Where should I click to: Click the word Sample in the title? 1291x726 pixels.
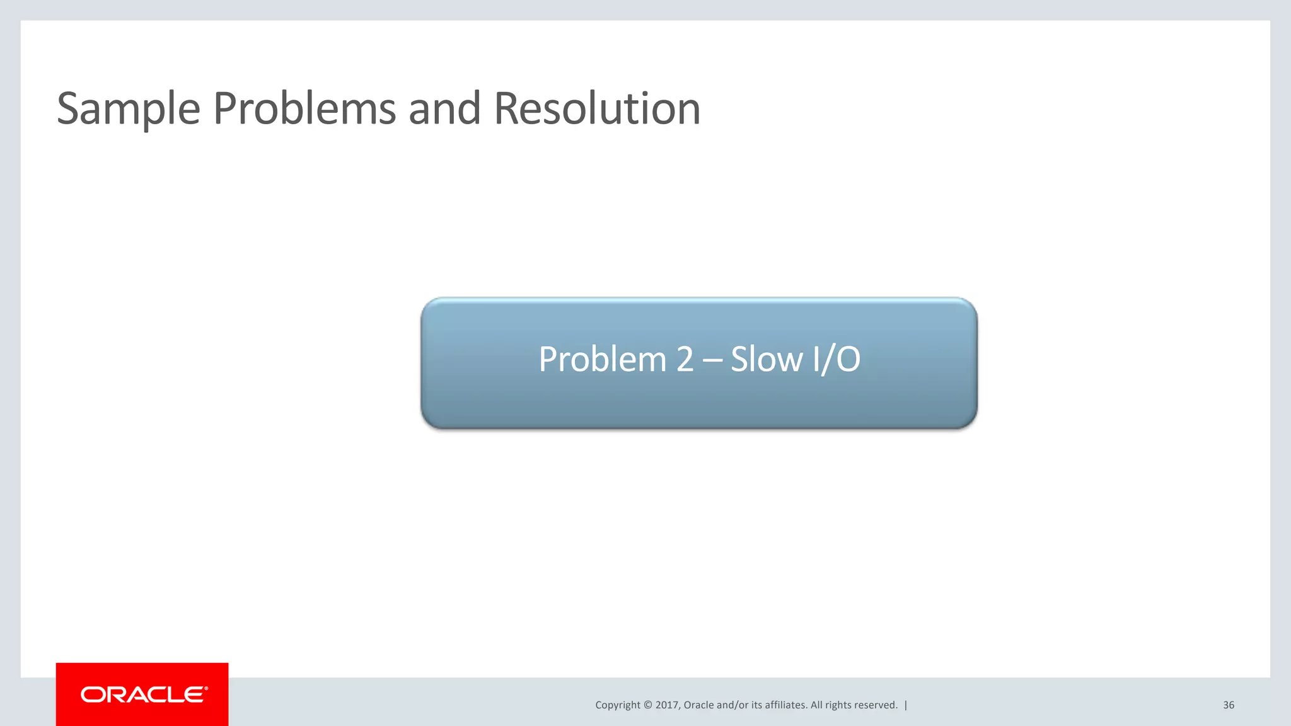(129, 109)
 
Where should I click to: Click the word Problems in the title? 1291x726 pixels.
(304, 109)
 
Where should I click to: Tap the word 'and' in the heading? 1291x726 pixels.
(444, 109)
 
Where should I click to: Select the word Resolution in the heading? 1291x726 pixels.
(597, 109)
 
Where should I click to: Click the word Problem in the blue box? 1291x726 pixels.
(602, 360)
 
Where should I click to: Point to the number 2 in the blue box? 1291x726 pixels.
(685, 360)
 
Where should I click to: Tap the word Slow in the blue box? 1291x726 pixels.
(767, 360)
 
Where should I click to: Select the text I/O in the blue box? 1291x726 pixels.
(837, 360)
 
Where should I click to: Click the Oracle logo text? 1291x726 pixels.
(143, 694)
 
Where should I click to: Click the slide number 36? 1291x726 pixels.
(1228, 705)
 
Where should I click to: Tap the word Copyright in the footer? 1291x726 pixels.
(618, 705)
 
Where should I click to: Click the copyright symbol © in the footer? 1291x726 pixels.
(647, 705)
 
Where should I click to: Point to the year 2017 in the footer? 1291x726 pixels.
(666, 705)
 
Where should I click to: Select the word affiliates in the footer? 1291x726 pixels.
(785, 705)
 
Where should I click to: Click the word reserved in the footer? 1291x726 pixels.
(877, 705)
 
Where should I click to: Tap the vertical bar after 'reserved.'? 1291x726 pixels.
(906, 705)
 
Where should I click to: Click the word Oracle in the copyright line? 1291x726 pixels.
(698, 705)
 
